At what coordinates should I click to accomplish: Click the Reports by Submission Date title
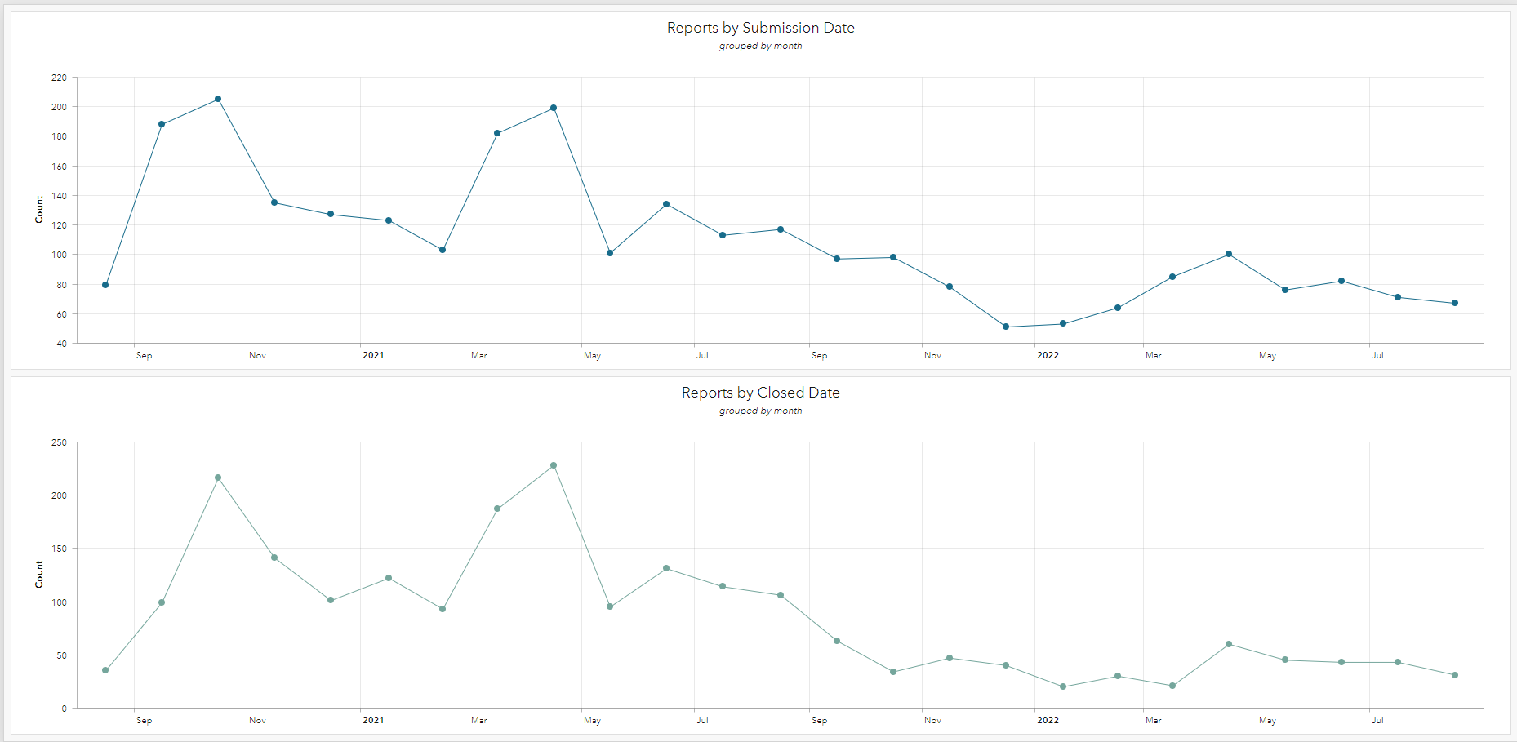(x=760, y=28)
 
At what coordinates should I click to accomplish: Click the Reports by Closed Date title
(x=760, y=393)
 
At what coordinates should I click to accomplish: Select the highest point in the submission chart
(x=218, y=99)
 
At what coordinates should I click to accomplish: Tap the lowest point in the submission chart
(x=1006, y=327)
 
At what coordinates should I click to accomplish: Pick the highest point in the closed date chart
(x=554, y=465)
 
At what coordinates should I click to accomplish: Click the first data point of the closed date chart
(x=105, y=670)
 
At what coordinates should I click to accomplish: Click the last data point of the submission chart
(x=1455, y=303)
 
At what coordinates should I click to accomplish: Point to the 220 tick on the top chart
(x=59, y=78)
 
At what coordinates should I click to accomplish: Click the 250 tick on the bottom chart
(x=59, y=442)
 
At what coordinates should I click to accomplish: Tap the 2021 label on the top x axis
(x=373, y=355)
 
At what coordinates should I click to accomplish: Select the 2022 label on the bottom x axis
(x=1048, y=720)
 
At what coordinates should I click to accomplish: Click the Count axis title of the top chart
(x=38, y=209)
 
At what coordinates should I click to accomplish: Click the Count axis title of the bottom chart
(x=38, y=574)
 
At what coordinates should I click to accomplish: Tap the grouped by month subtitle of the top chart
(x=760, y=46)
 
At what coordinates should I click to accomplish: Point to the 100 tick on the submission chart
(x=59, y=255)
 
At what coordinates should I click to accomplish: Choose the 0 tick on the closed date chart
(x=64, y=709)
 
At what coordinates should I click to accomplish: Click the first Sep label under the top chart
(x=144, y=355)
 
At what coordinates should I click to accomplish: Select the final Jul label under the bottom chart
(x=1377, y=720)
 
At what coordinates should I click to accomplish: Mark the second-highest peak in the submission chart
(x=554, y=108)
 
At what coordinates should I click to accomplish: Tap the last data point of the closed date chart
(x=1455, y=675)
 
